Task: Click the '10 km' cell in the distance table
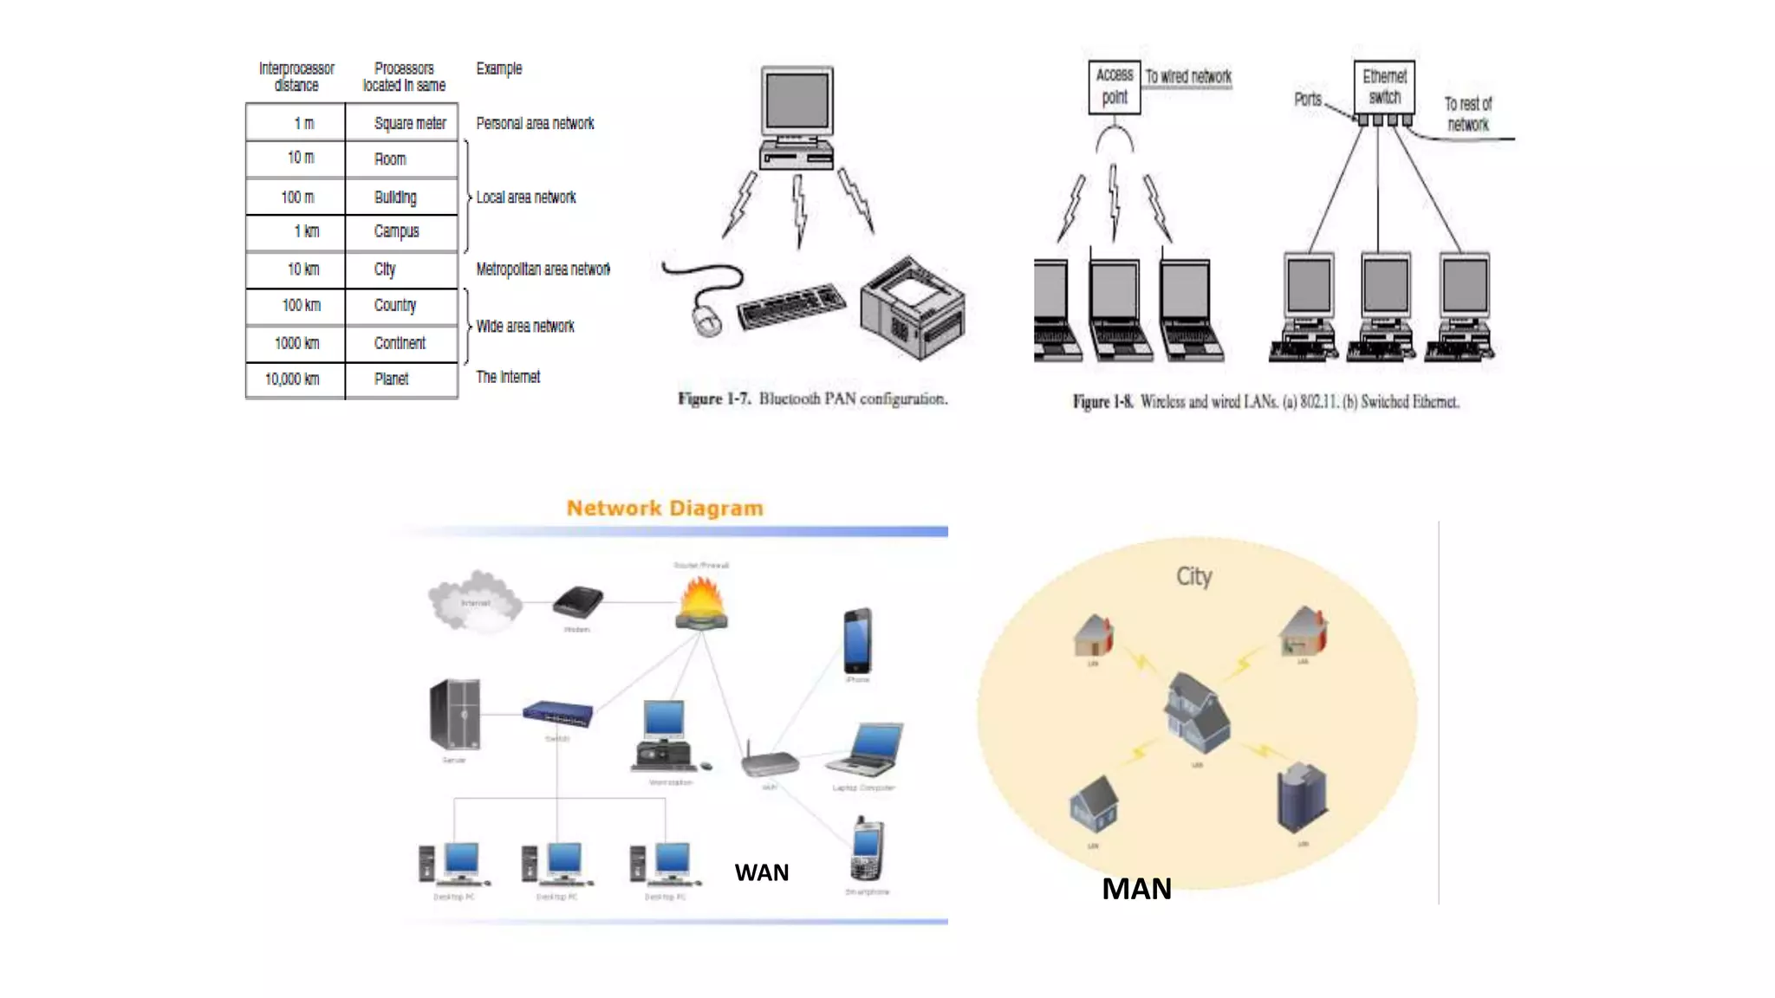[x=302, y=269]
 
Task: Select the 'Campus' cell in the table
[x=396, y=231]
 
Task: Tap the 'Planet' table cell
[x=391, y=379]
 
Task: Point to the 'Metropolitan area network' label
[x=543, y=269]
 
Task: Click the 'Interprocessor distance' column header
[x=296, y=76]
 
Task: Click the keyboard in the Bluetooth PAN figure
[x=790, y=305]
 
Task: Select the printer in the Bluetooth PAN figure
[x=912, y=307]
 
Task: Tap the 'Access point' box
[x=1115, y=87]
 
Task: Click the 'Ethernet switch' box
[x=1384, y=87]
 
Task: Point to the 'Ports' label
[x=1308, y=100]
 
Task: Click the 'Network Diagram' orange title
[x=665, y=509]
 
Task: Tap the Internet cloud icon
[x=475, y=600]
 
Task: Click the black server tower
[x=455, y=715]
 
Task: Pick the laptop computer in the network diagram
[x=867, y=750]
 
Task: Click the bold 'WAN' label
[x=761, y=872]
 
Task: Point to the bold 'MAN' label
[x=1136, y=889]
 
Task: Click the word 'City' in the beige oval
[x=1193, y=577]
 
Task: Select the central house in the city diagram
[x=1197, y=713]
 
